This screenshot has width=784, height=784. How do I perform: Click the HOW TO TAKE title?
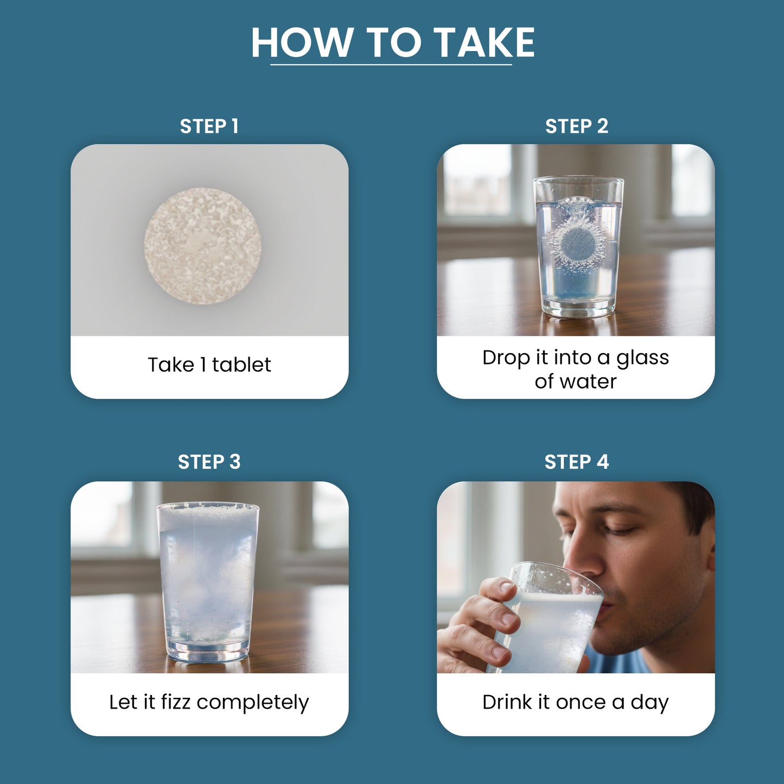(x=393, y=43)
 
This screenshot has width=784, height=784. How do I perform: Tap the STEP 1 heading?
(x=209, y=126)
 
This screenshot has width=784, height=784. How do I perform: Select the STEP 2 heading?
(x=577, y=126)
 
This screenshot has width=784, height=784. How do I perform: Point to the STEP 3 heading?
(x=209, y=462)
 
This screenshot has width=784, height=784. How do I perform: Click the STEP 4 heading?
(x=577, y=462)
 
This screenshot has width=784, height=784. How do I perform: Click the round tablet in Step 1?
(x=202, y=246)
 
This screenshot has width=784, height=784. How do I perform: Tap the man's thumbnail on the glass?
(x=507, y=587)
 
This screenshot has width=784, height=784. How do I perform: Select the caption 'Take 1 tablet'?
(x=209, y=365)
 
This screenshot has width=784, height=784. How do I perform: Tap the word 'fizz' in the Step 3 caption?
(x=176, y=702)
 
